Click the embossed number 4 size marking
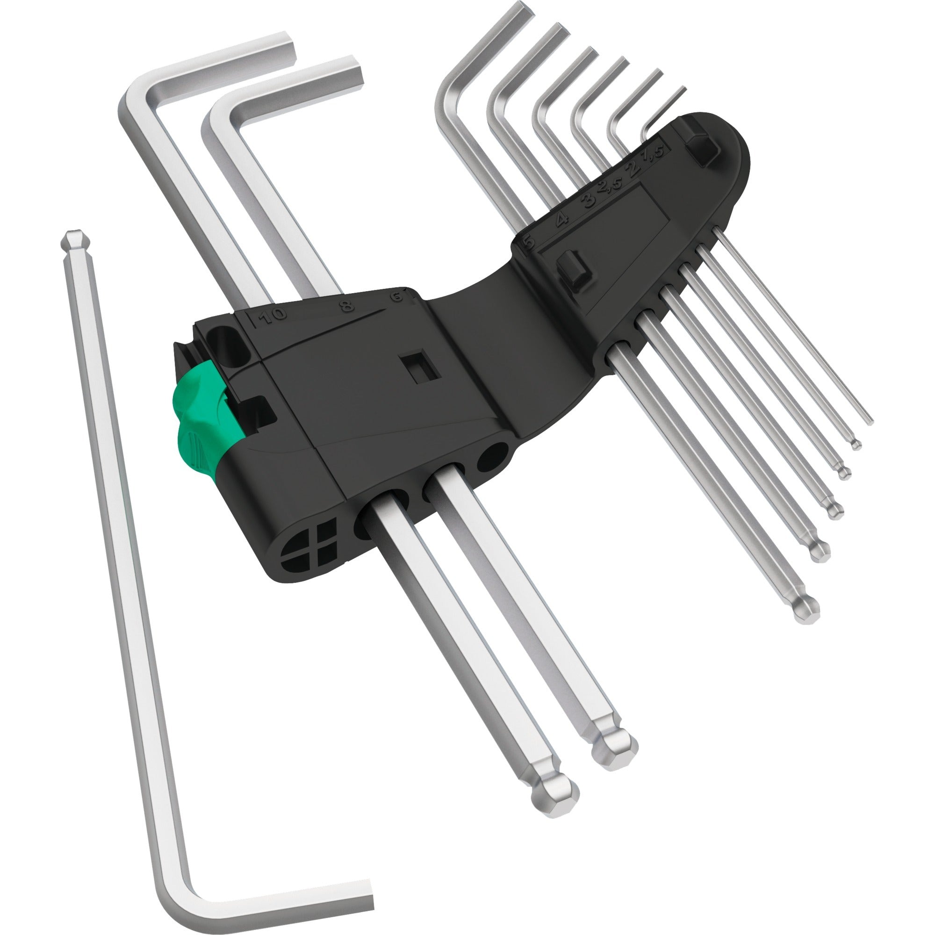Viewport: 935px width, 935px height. click(x=561, y=221)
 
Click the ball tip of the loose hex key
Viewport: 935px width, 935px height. click(x=73, y=240)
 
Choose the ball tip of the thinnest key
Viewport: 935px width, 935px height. click(x=856, y=444)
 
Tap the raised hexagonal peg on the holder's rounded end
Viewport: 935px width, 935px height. click(x=703, y=142)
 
